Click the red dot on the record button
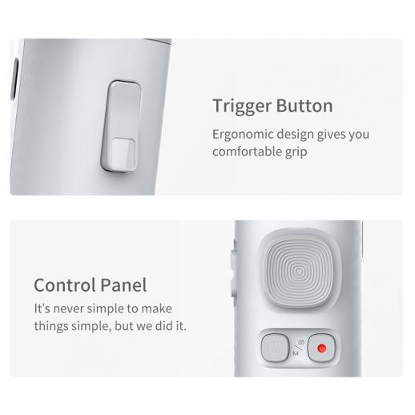[x=321, y=348]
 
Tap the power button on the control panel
[x=275, y=348]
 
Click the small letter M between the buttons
[x=296, y=353]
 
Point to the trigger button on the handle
[x=121, y=126]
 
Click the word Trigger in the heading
[x=242, y=107]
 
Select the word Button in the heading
[x=304, y=106]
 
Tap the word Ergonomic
[x=243, y=135]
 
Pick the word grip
[x=296, y=152]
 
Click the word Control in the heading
[x=65, y=285]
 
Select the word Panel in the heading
[x=123, y=285]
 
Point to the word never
[x=68, y=309]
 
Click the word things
[x=51, y=326]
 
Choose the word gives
[x=331, y=135]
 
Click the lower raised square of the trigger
[x=123, y=154]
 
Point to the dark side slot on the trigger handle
[x=14, y=79]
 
